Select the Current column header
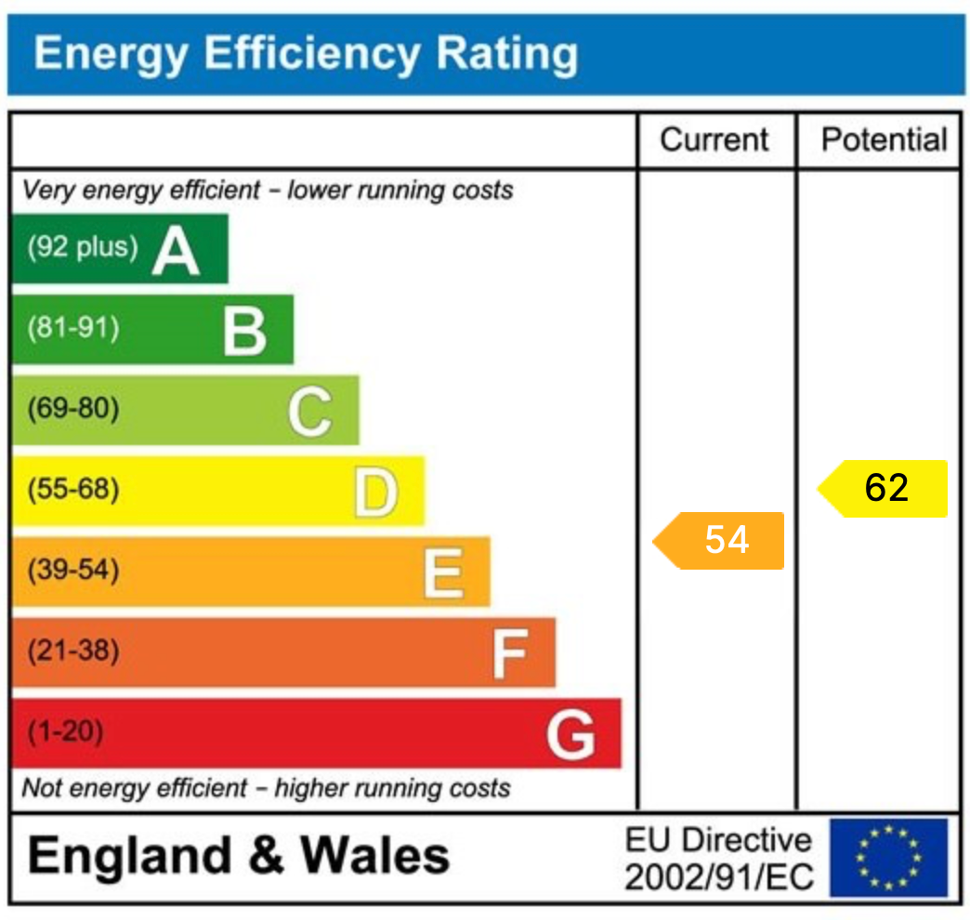[714, 140]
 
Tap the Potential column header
[884, 140]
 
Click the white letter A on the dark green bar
[176, 252]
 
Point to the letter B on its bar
[244, 332]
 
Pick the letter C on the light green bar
[309, 412]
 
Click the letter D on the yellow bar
[375, 493]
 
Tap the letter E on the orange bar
[442, 572]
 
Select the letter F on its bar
[509, 653]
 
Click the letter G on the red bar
[570, 734]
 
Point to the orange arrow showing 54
[719, 540]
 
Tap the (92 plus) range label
[82, 247]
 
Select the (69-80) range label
[72, 409]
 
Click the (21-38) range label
[72, 651]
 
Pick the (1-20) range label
[64, 732]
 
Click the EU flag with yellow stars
[888, 858]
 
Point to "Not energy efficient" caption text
[136, 789]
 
